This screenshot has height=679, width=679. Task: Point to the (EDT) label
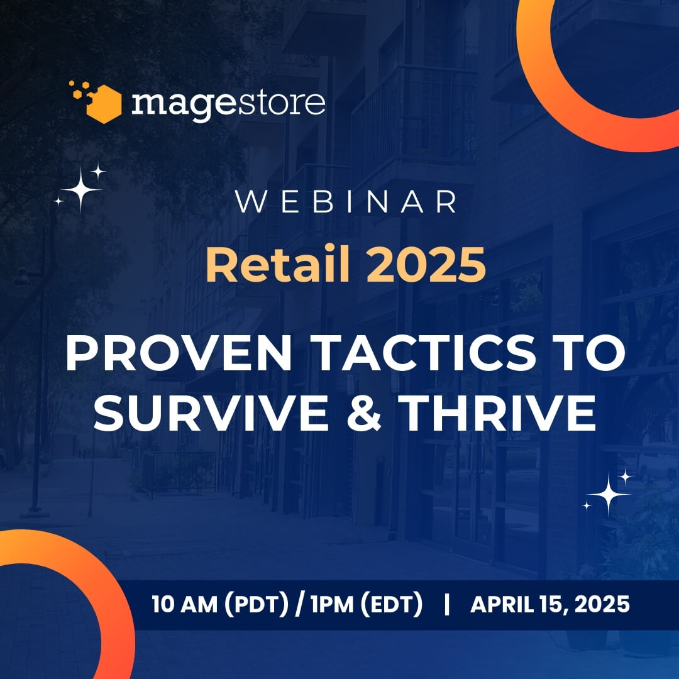click(x=392, y=605)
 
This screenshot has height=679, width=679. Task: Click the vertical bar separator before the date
click(x=447, y=605)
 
